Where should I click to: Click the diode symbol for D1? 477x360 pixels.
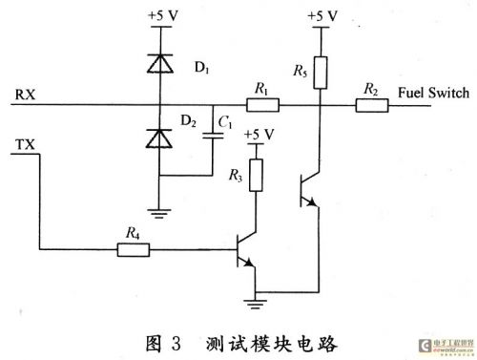click(x=160, y=63)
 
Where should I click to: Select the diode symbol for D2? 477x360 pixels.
click(x=159, y=138)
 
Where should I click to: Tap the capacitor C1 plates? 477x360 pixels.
click(x=213, y=136)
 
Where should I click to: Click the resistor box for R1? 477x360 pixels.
click(x=263, y=105)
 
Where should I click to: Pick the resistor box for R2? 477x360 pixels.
click(x=372, y=105)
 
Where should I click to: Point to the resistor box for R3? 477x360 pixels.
click(x=256, y=176)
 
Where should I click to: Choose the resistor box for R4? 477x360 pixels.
click(x=134, y=250)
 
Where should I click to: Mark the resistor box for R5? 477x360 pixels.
click(x=321, y=73)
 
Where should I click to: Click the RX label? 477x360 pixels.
click(x=25, y=95)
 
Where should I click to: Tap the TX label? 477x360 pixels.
click(x=25, y=145)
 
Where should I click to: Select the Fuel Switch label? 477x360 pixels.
click(x=434, y=93)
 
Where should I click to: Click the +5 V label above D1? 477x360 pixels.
click(x=163, y=16)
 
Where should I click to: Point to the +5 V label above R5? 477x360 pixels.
click(x=322, y=16)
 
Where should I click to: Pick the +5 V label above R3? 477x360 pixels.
click(x=259, y=135)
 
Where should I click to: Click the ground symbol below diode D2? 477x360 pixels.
click(x=159, y=213)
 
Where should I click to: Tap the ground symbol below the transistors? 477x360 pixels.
click(x=255, y=304)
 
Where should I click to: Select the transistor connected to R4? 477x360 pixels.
click(x=246, y=250)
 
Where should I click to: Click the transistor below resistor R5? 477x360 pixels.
click(x=310, y=190)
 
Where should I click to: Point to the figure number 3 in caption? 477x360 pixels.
click(x=176, y=344)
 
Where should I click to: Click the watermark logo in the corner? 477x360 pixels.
click(x=446, y=346)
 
